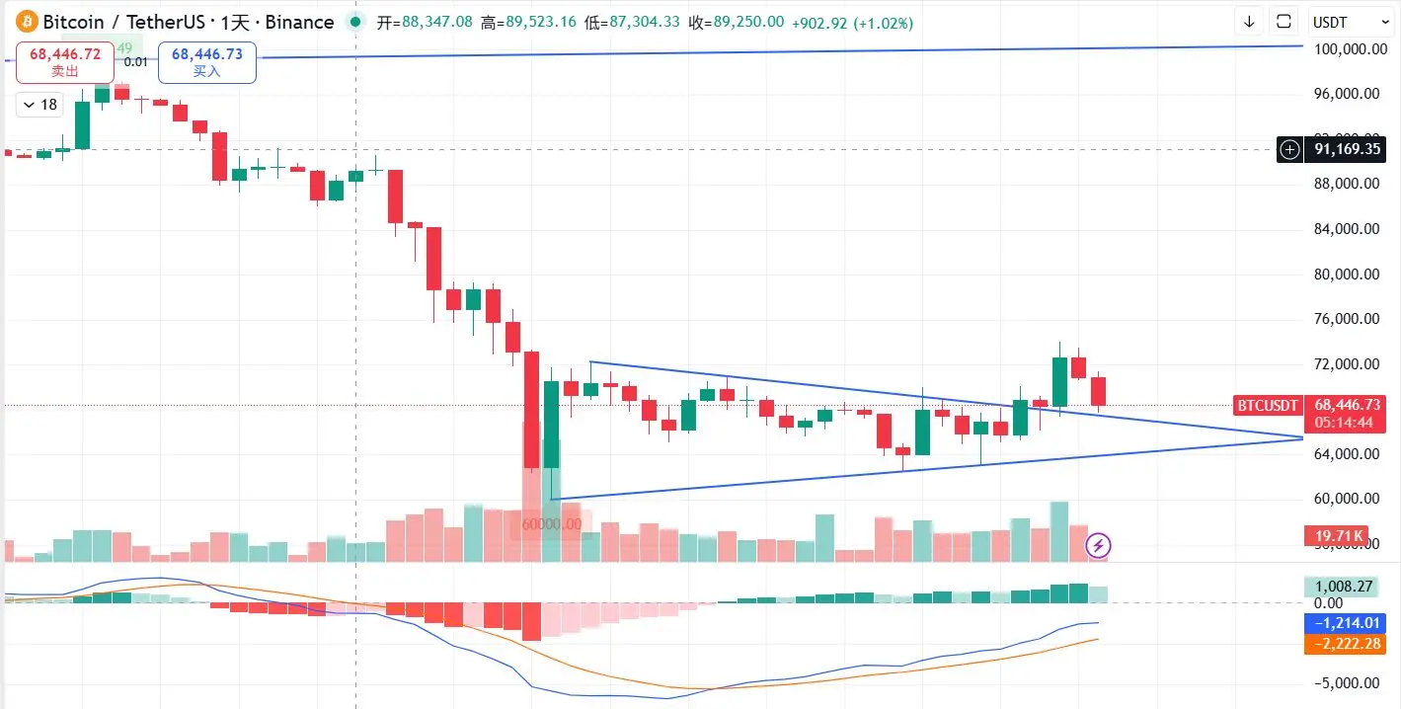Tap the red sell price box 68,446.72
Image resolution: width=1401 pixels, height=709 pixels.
[65, 61]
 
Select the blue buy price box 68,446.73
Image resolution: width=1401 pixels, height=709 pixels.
[206, 61]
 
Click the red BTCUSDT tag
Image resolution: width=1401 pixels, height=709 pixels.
[1268, 405]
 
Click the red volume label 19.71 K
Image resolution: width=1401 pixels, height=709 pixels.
[1339, 536]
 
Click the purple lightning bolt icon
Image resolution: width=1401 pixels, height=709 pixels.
[1099, 545]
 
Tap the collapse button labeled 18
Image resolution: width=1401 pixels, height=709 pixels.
[40, 105]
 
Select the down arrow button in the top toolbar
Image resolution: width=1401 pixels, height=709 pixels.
[1249, 22]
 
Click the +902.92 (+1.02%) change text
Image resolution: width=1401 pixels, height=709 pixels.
[852, 22]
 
